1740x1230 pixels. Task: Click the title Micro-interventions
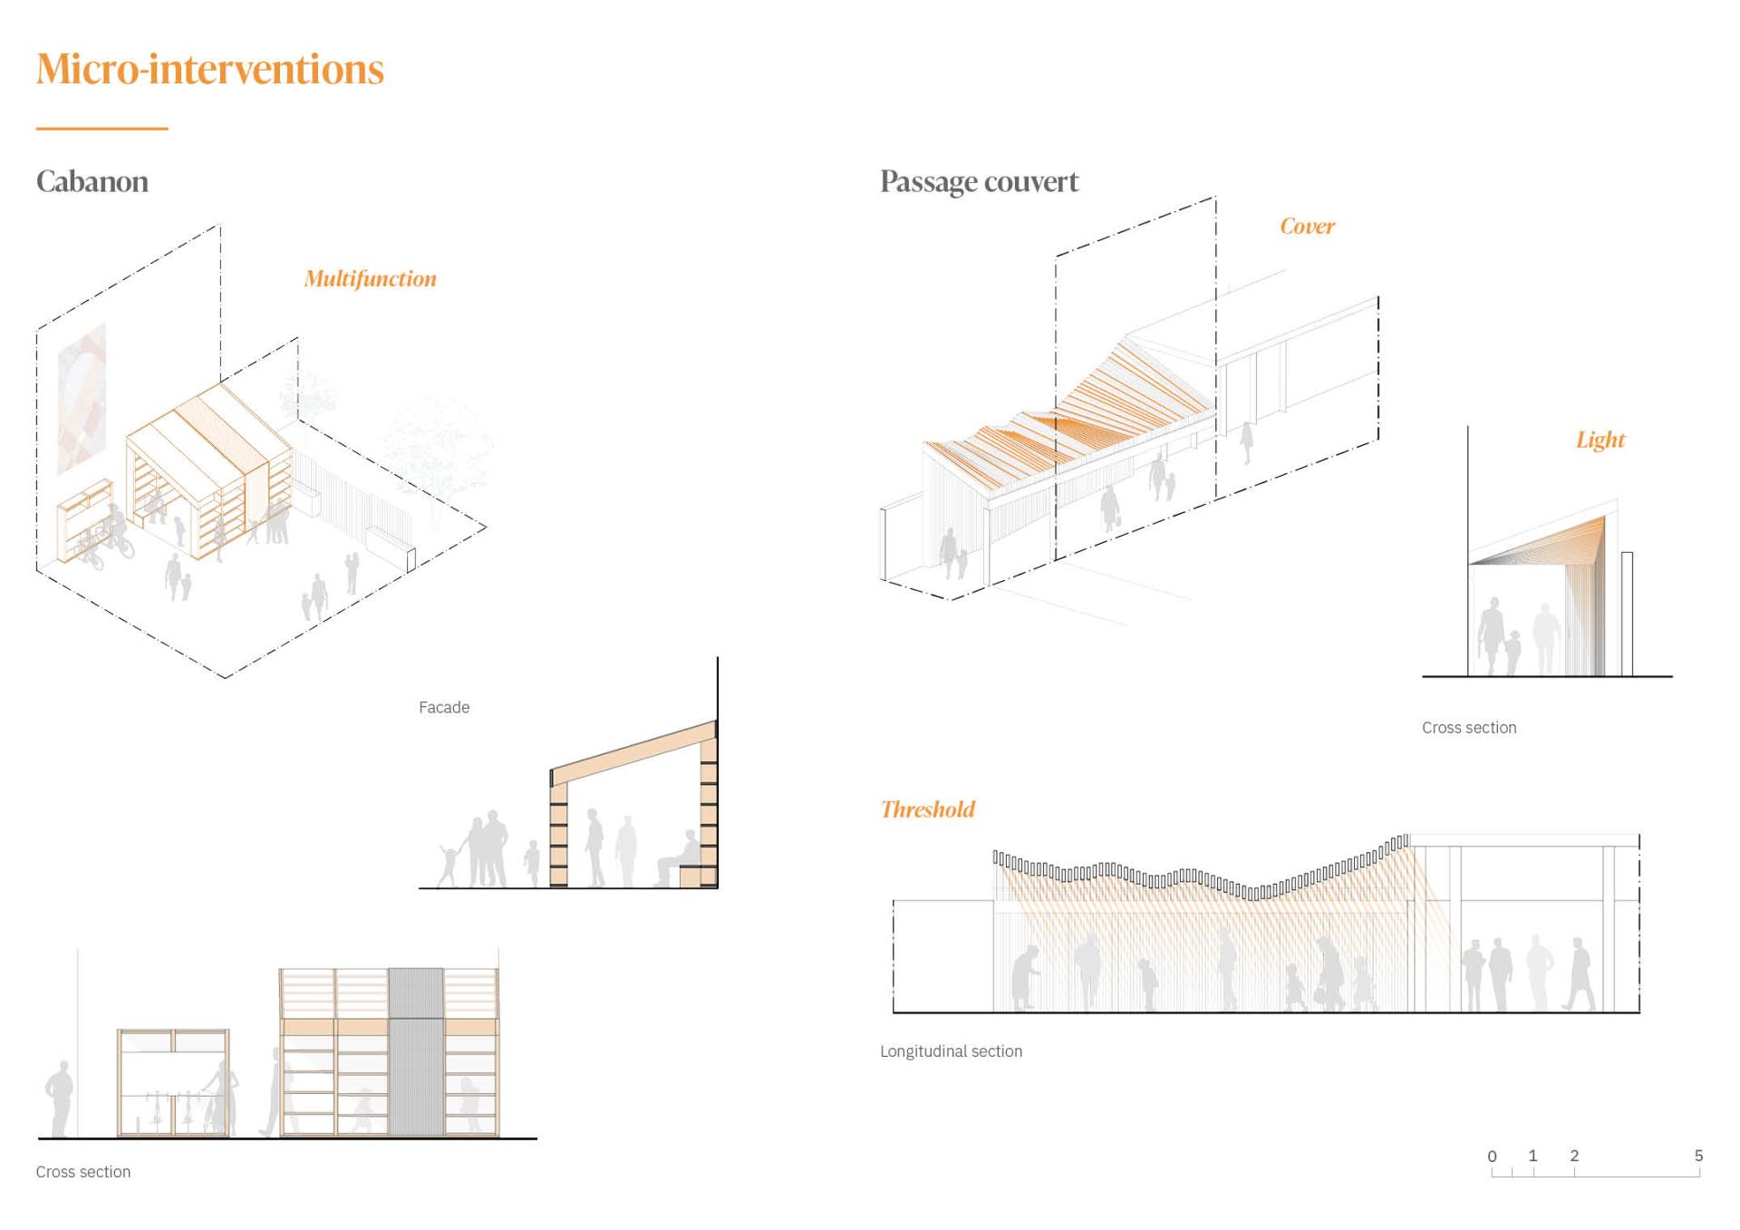[210, 69]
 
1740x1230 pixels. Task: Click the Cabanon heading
[92, 181]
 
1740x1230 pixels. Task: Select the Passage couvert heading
[979, 181]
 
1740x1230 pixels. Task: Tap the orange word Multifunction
[370, 278]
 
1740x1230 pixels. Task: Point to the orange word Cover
[1307, 227]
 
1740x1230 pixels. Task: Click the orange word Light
[1600, 440]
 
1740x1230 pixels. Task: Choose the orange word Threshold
[927, 809]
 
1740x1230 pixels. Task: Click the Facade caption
[444, 707]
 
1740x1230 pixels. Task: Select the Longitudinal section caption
[951, 1051]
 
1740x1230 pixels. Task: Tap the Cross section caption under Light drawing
[1468, 728]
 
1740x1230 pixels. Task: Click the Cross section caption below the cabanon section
[83, 1172]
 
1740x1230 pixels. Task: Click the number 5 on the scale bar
[1698, 1156]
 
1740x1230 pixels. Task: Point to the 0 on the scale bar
[1492, 1157]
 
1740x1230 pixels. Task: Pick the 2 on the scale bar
[1574, 1156]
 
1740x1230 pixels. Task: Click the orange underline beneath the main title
[101, 129]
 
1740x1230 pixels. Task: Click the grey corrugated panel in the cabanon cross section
[416, 1051]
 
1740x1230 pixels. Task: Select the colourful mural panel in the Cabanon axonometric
[82, 399]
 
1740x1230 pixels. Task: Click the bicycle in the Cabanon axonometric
[118, 542]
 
